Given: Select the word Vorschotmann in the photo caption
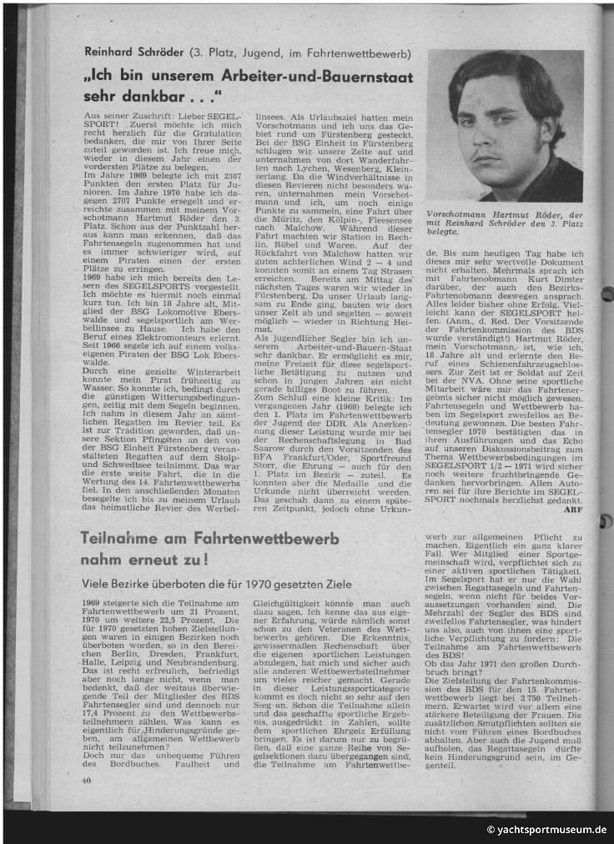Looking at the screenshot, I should (456, 214).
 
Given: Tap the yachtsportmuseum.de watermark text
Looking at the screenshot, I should (551, 830).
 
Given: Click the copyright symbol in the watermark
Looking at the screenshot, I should (491, 830).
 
